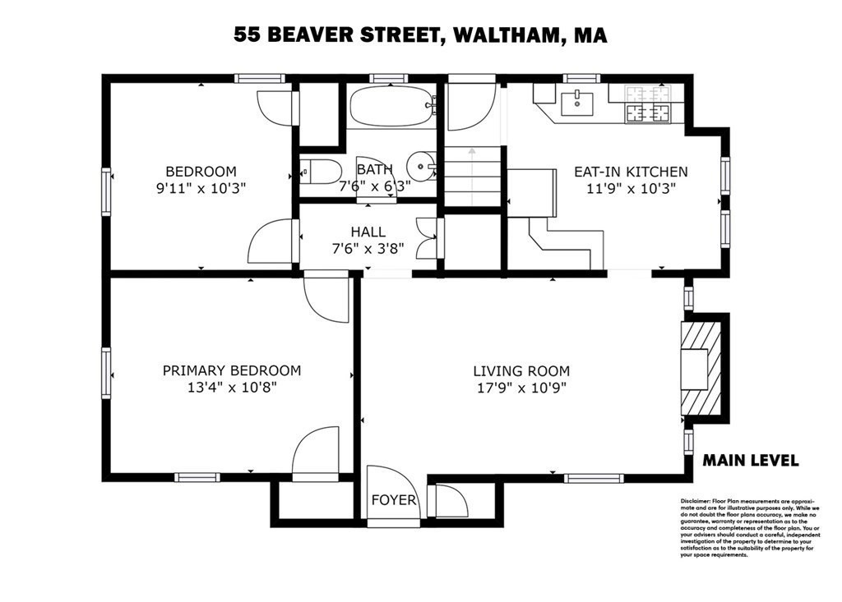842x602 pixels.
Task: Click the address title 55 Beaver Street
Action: click(420, 34)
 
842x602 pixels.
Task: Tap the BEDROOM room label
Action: click(201, 172)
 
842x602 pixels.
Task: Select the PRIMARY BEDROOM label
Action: click(231, 370)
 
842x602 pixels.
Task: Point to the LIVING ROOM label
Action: click(520, 370)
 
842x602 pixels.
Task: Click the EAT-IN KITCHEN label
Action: click(630, 172)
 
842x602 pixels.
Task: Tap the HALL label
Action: click(368, 232)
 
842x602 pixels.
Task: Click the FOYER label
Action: click(394, 500)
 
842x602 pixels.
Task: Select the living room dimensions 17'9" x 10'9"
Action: click(520, 388)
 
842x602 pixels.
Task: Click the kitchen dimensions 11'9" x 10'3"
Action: click(630, 188)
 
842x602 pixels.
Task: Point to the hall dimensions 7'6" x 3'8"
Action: click(368, 250)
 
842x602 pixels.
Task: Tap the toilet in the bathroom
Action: click(321, 172)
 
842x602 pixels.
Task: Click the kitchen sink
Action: click(577, 103)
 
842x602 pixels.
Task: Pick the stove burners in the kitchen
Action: click(648, 105)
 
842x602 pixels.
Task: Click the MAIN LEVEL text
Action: click(750, 461)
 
